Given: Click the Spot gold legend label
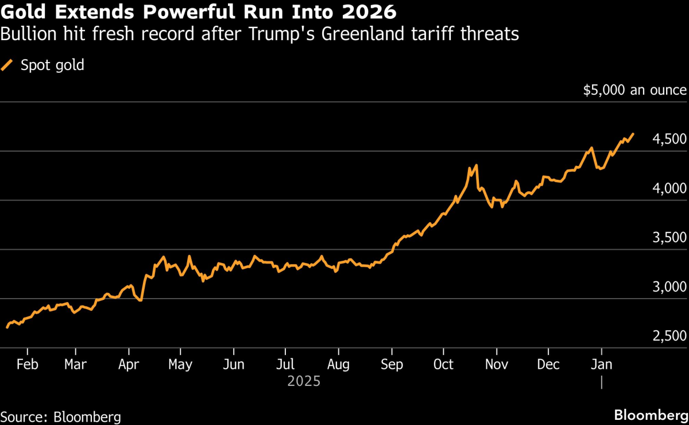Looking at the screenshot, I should coord(52,65).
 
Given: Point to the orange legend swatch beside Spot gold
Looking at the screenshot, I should coord(7,65).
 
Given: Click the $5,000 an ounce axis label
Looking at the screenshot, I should coord(634,90).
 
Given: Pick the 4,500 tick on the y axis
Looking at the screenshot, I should coord(669,140).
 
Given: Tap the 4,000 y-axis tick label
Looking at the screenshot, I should coord(669,189).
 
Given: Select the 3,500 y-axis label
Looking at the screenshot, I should coord(669,238).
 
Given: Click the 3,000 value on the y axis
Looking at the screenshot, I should coord(669,287).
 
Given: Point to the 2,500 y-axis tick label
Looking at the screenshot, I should coord(669,336).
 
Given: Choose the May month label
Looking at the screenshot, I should coord(181,365).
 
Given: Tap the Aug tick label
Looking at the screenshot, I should coord(338,365).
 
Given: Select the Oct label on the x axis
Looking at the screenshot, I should coord(443,365).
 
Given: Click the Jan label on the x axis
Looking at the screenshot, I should coord(601,365).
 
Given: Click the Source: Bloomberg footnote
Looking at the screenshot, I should coord(60,416).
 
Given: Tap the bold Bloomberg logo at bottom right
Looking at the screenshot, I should coord(651,415).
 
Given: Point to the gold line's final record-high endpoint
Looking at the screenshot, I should coord(633,134).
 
